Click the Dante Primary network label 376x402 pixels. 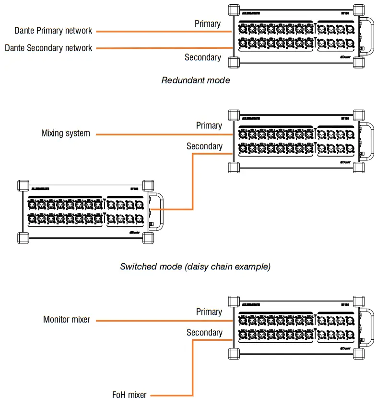click(x=53, y=31)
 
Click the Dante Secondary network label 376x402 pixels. click(x=48, y=48)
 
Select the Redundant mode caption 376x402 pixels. click(x=195, y=80)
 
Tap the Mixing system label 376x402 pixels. click(x=65, y=134)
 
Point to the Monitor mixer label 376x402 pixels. click(x=66, y=319)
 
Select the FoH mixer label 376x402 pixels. click(x=129, y=395)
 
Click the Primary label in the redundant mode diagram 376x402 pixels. click(x=208, y=23)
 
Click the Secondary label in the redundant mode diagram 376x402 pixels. click(x=203, y=57)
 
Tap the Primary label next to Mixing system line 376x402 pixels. click(x=209, y=125)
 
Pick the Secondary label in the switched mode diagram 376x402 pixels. click(x=204, y=146)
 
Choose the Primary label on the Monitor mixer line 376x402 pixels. click(x=209, y=312)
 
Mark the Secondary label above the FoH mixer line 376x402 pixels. click(x=204, y=332)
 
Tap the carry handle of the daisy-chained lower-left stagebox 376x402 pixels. click(x=160, y=211)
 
